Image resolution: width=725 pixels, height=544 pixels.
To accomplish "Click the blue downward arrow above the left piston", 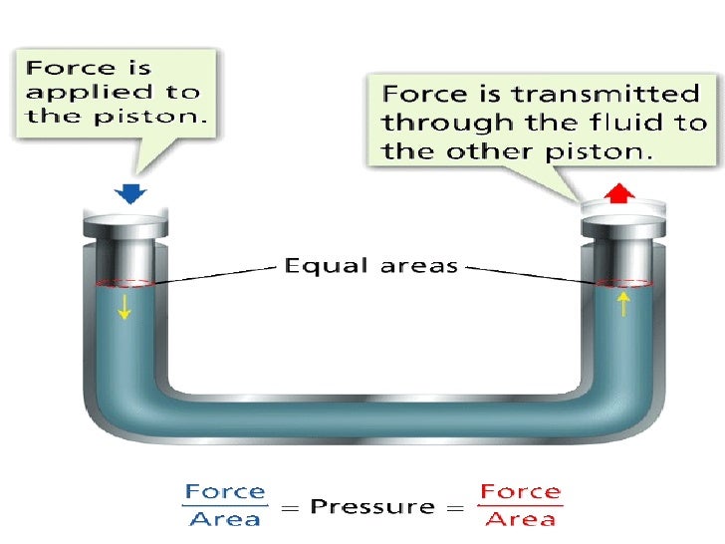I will (x=129, y=192).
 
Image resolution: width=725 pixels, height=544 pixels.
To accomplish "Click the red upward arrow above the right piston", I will (x=620, y=191).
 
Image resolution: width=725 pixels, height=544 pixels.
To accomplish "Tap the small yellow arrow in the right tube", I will (x=623, y=303).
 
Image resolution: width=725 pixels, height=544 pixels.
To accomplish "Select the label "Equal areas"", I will (x=370, y=265).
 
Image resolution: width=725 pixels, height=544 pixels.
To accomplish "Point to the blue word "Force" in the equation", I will (x=225, y=492).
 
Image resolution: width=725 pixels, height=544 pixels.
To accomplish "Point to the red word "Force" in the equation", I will (x=519, y=492).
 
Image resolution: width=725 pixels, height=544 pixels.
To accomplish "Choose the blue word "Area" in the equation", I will (x=225, y=519).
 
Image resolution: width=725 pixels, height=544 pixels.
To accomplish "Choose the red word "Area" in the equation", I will (x=519, y=520).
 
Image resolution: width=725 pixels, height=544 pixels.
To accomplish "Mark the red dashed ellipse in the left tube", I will (x=124, y=283).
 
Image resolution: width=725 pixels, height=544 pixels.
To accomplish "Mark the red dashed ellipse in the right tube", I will (x=623, y=283).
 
